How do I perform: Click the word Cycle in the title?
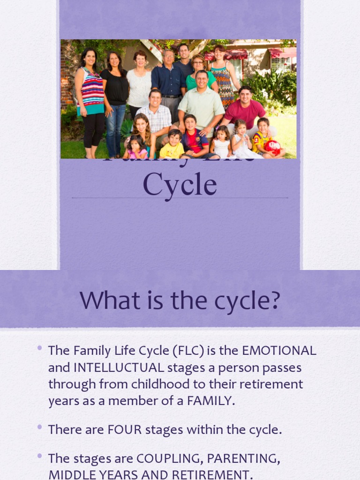(180, 185)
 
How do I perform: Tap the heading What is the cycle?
(180, 300)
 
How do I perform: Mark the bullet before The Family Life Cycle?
(39, 349)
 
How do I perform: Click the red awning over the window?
(282, 52)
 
